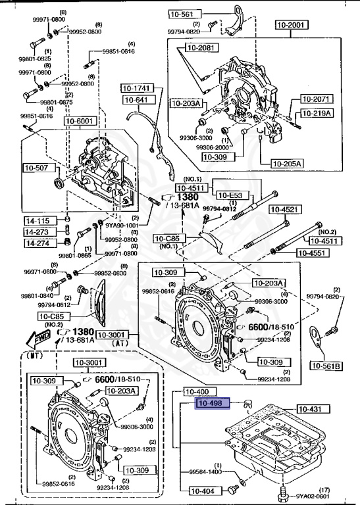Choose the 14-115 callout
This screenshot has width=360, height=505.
click(39, 220)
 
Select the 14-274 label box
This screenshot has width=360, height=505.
click(39, 243)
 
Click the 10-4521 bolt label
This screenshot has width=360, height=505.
click(284, 209)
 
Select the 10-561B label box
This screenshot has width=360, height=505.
click(326, 365)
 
